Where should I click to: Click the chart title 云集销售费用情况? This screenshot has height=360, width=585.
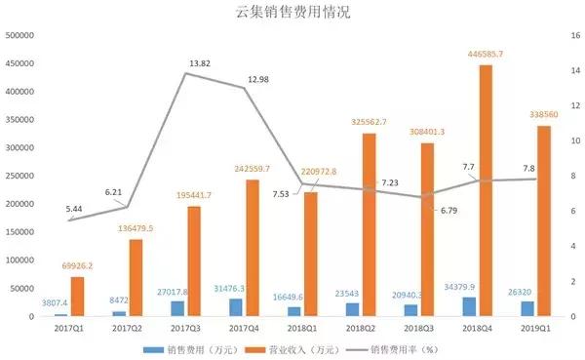(292, 13)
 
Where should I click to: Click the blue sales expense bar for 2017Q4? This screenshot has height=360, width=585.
(235, 307)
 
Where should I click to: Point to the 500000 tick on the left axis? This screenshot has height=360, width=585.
(20, 35)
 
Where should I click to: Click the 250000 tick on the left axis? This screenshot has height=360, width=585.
(20, 176)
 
